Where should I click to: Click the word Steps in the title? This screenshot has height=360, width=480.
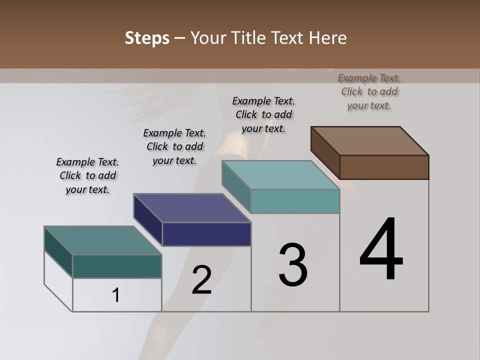(x=147, y=38)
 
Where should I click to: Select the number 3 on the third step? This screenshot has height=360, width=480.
(x=293, y=265)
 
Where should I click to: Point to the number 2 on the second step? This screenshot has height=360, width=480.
(x=201, y=280)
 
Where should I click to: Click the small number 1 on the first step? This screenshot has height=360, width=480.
(x=116, y=295)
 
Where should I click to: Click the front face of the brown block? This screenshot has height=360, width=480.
(x=384, y=167)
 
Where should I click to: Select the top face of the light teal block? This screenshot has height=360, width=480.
(x=280, y=175)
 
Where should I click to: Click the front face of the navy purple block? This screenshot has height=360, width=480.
(x=206, y=234)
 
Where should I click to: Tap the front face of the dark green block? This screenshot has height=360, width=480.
(x=117, y=266)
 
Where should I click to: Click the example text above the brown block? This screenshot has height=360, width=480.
(x=369, y=91)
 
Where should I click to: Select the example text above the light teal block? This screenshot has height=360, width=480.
(x=263, y=114)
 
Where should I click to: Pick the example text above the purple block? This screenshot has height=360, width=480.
(x=174, y=146)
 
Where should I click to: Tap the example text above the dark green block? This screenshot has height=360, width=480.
(x=87, y=175)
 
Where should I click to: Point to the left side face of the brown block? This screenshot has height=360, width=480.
(x=325, y=153)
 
